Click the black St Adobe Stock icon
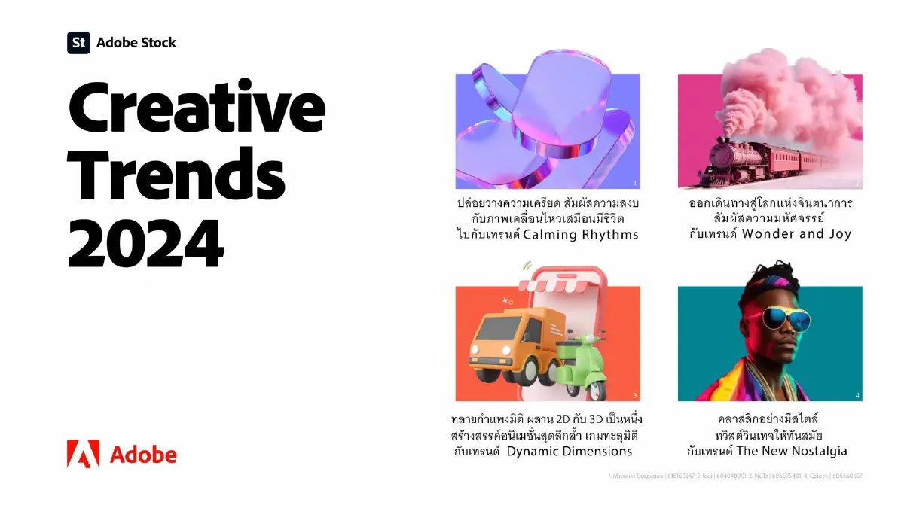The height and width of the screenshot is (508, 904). point(78,42)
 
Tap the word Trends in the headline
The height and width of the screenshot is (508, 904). point(177,175)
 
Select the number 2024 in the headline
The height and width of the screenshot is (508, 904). point(147,241)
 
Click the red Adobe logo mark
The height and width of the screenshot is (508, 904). point(83,454)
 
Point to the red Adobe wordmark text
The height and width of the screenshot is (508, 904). point(143,455)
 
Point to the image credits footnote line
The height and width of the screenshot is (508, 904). point(734,476)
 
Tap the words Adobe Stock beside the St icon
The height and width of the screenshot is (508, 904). point(136,42)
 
